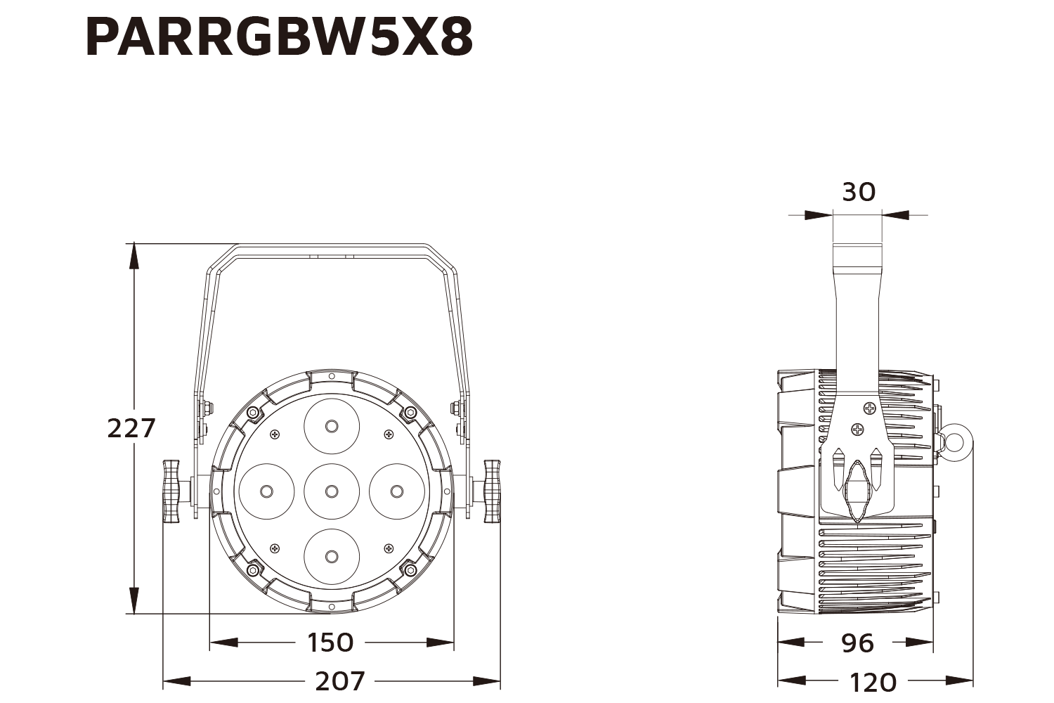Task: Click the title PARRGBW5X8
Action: (x=279, y=37)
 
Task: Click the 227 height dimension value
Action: (x=131, y=427)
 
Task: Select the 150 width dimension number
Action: (x=330, y=642)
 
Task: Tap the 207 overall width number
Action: (x=340, y=681)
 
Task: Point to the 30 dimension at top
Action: (x=858, y=191)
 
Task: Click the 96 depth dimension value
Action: (x=857, y=642)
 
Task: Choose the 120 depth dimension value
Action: (x=873, y=681)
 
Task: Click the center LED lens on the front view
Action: (x=332, y=491)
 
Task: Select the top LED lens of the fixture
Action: (x=332, y=425)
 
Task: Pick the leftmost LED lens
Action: (x=266, y=491)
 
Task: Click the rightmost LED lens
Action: (x=396, y=491)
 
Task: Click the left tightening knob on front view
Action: (x=172, y=490)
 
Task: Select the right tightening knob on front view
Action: (x=492, y=490)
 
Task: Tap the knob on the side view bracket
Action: (x=857, y=491)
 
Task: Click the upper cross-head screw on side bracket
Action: (x=870, y=408)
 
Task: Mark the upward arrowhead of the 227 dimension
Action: (x=133, y=254)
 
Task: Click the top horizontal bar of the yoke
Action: (x=330, y=248)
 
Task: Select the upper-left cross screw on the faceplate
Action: (x=275, y=434)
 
